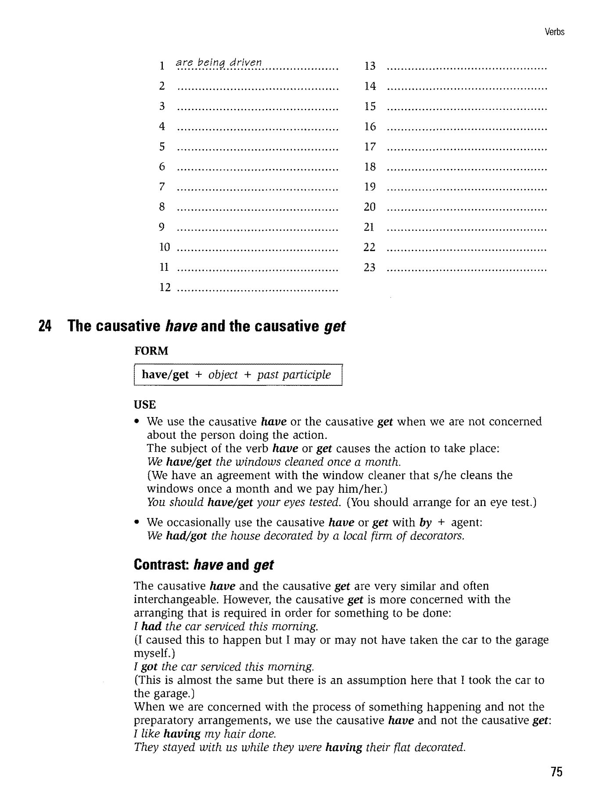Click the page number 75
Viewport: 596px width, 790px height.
pos(557,772)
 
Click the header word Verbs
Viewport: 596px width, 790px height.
pos(554,32)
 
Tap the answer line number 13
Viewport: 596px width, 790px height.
pos(370,66)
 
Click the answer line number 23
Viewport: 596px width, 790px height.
pos(370,267)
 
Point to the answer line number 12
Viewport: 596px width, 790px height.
pos(165,287)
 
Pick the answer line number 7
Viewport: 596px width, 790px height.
pos(162,187)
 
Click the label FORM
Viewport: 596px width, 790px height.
pos(151,351)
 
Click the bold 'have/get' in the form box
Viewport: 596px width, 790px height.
pos(165,375)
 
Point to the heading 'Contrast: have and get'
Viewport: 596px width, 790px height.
pos(204,564)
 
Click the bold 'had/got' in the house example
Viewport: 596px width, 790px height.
pos(187,536)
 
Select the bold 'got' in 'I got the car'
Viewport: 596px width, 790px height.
pos(149,667)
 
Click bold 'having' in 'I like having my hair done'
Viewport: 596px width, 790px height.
pos(182,734)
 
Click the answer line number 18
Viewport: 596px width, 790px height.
pos(370,167)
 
